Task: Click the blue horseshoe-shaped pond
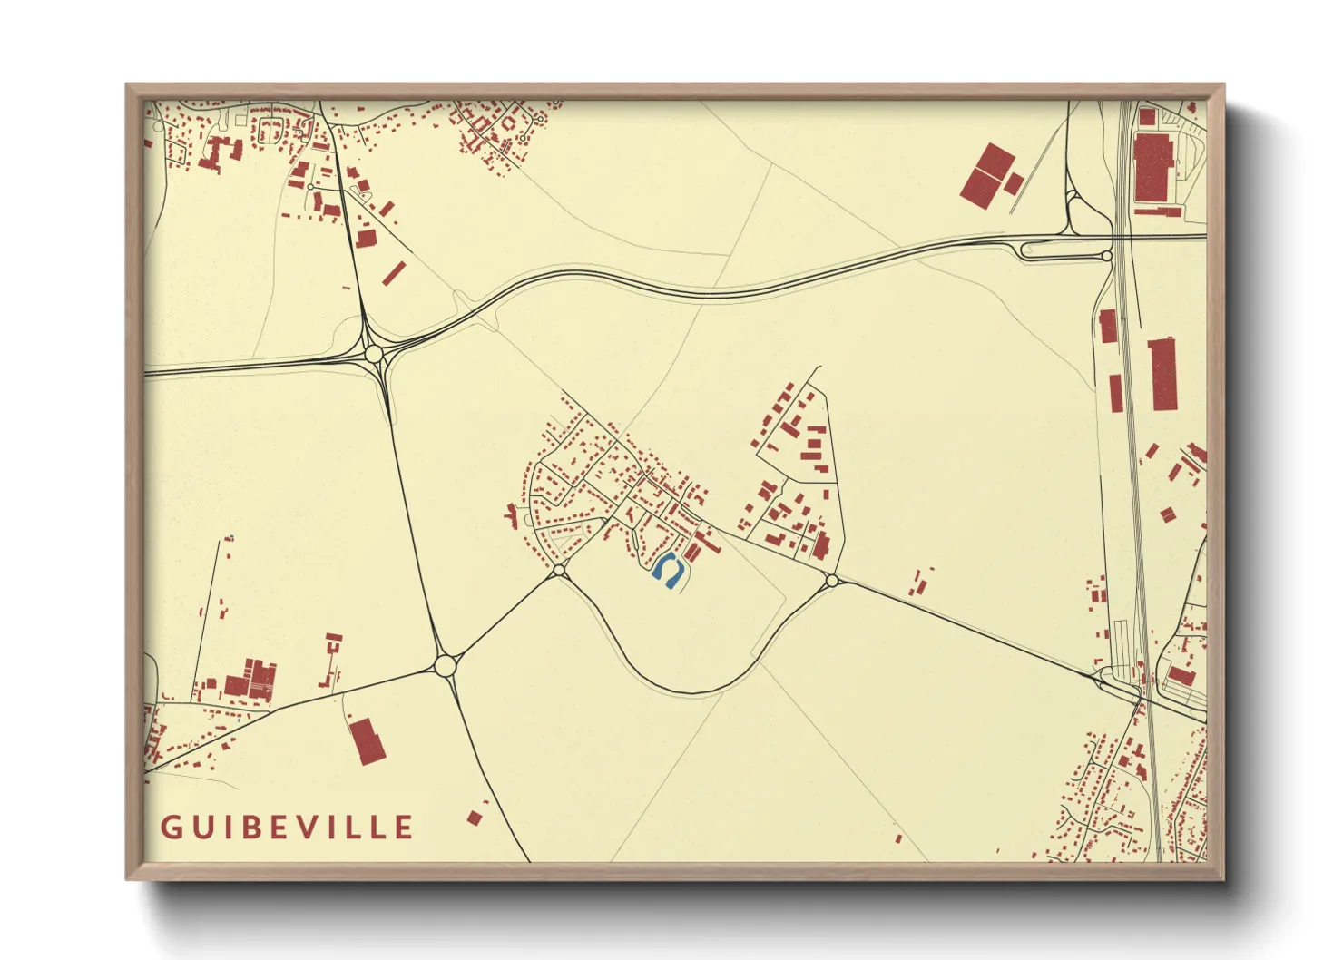point(669,572)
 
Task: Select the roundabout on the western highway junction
point(374,353)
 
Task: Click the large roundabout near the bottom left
point(445,666)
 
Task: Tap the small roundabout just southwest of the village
point(559,570)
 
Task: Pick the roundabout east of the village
point(831,580)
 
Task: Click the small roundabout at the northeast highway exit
point(1107,257)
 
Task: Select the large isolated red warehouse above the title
point(368,740)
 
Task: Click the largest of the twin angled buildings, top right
point(987,174)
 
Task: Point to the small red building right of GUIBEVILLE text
point(474,818)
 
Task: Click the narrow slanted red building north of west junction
point(393,273)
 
